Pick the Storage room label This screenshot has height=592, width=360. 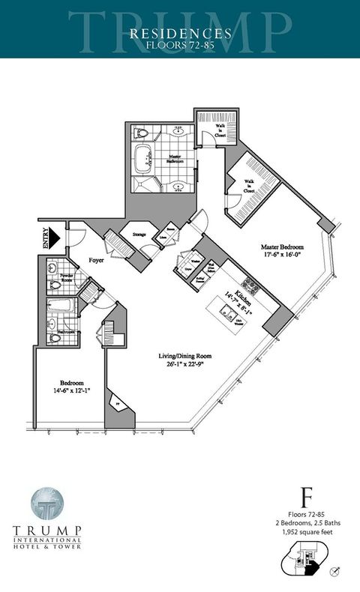139,235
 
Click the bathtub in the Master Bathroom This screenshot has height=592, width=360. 143,159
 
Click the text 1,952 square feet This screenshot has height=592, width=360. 306,531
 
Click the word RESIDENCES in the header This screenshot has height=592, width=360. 180,34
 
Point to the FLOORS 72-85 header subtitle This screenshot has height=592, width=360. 180,44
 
